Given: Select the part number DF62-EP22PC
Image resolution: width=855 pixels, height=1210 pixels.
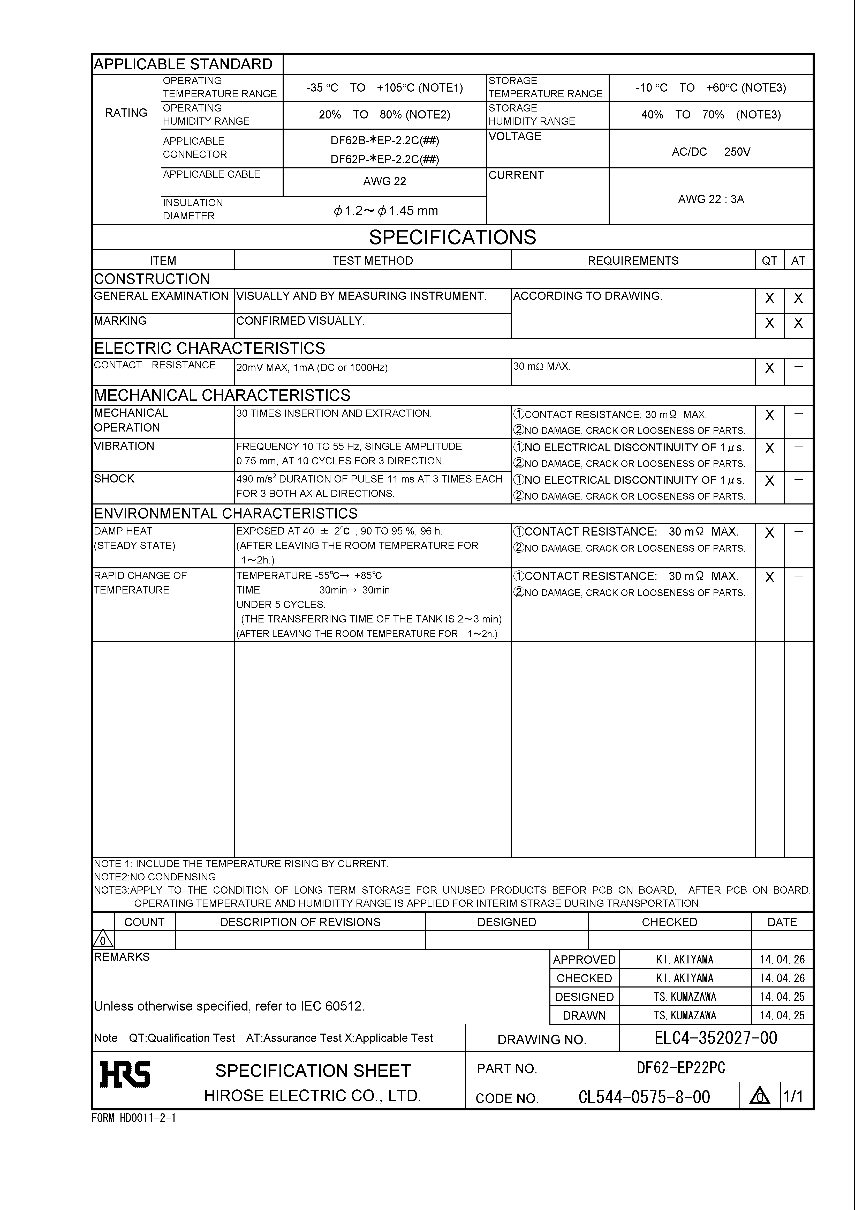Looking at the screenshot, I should pyautogui.click(x=681, y=1068).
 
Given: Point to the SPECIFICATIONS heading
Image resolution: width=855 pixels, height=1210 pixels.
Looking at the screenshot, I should pyautogui.click(x=452, y=238).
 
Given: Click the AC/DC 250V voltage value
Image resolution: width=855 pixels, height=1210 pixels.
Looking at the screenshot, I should pyautogui.click(x=711, y=152).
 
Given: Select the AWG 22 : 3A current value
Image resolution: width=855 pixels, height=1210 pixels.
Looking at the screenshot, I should pyautogui.click(x=711, y=199).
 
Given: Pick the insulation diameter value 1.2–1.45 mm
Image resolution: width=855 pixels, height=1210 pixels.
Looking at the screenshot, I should pyautogui.click(x=385, y=211).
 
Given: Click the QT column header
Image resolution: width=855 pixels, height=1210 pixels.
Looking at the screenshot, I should pyautogui.click(x=769, y=260).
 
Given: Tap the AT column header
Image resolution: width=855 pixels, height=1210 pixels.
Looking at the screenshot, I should pyautogui.click(x=798, y=260).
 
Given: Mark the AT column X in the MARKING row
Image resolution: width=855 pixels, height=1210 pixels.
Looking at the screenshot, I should pyautogui.click(x=798, y=323).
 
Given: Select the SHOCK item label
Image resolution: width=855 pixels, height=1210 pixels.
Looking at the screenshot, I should pyautogui.click(x=114, y=479).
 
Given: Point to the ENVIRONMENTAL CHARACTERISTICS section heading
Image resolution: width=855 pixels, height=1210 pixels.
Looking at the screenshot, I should pyautogui.click(x=225, y=513).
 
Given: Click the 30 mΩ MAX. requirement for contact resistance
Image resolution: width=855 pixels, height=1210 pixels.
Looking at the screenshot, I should pyautogui.click(x=542, y=366).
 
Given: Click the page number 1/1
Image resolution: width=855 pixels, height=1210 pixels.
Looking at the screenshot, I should pyautogui.click(x=793, y=1097).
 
